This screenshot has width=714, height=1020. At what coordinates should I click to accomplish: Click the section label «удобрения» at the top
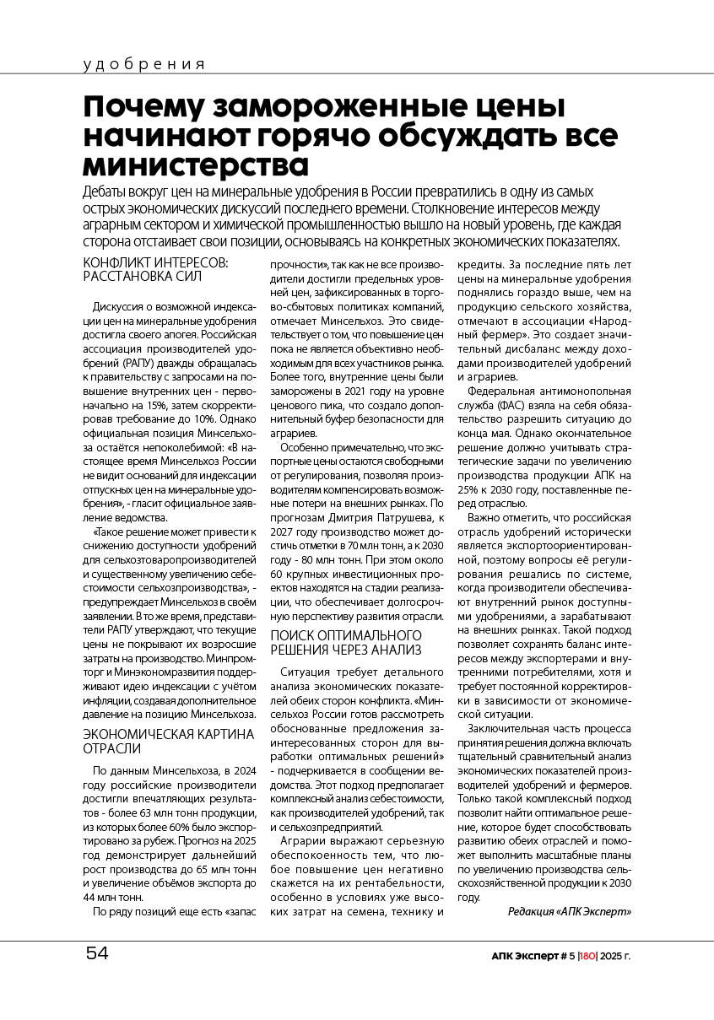144,64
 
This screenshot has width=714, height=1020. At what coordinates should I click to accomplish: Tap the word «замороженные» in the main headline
325,107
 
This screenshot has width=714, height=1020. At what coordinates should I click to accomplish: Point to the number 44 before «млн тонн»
92,897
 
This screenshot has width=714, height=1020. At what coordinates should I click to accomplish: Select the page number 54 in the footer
97,955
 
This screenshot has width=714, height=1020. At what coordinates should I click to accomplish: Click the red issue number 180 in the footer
587,957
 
